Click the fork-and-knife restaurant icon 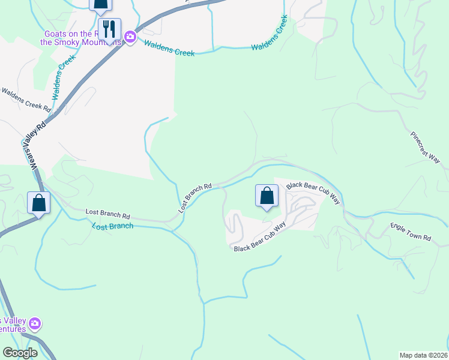(109, 29)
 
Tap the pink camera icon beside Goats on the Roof (130, 40)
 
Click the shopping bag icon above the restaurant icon (100, 5)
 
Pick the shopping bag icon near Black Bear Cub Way (267, 196)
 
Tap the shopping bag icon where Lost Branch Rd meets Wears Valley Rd (39, 202)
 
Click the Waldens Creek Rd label (26, 98)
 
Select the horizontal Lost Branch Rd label (108, 214)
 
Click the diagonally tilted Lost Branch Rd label (196, 198)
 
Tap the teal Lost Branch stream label (113, 226)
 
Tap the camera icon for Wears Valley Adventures (35, 324)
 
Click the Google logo (20, 353)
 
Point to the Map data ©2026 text (423, 355)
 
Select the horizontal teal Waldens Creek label (169, 52)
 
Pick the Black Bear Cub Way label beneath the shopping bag (259, 238)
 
